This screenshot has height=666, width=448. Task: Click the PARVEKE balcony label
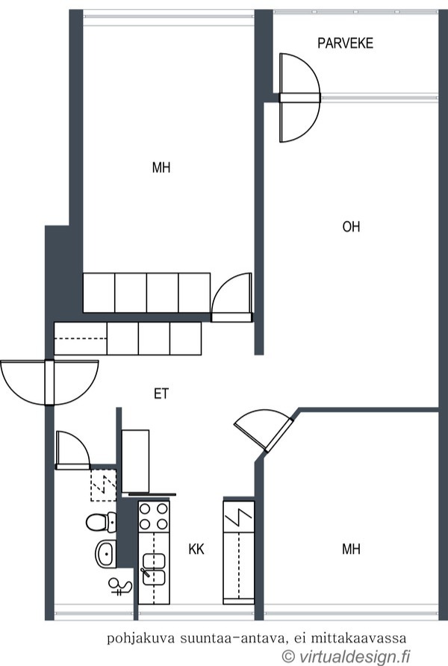(345, 44)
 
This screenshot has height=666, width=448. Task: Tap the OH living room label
(351, 227)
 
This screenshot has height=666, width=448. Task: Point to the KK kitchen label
(196, 550)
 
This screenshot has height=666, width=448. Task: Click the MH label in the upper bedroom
(161, 168)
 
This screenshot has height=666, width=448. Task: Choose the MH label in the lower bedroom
(351, 550)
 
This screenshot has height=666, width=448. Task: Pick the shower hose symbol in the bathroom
(119, 587)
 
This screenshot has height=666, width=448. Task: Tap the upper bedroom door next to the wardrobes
(232, 298)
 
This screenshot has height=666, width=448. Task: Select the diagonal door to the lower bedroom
(263, 431)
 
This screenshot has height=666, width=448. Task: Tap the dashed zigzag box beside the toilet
(103, 484)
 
